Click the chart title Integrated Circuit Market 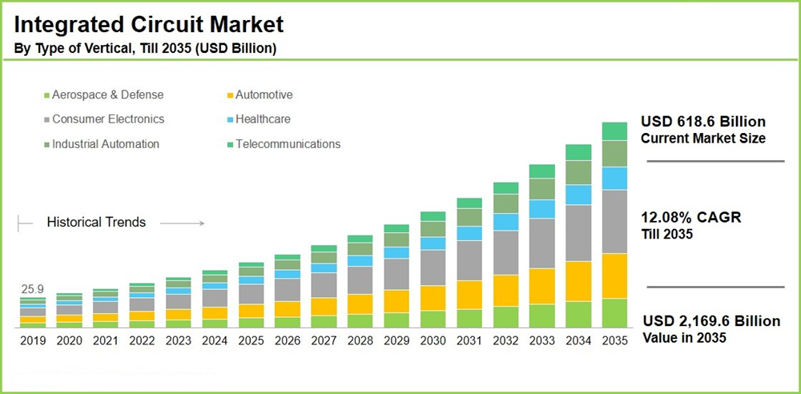tap(149, 23)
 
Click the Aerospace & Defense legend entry tap(107, 94)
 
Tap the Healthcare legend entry tap(262, 119)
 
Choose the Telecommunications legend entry tap(287, 144)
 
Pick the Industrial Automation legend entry tap(105, 144)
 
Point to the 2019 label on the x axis tap(33, 340)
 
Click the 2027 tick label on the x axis tap(324, 340)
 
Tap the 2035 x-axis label tap(614, 340)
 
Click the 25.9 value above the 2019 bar tap(32, 288)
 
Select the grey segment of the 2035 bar tap(614, 221)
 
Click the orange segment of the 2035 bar tap(614, 275)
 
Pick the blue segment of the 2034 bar tap(578, 195)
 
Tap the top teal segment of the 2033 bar tap(541, 171)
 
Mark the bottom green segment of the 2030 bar tap(433, 319)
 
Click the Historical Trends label tap(96, 222)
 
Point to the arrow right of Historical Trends tap(188, 223)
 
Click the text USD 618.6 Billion tap(703, 122)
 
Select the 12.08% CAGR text tap(691, 218)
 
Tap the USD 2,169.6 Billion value tap(711, 321)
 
